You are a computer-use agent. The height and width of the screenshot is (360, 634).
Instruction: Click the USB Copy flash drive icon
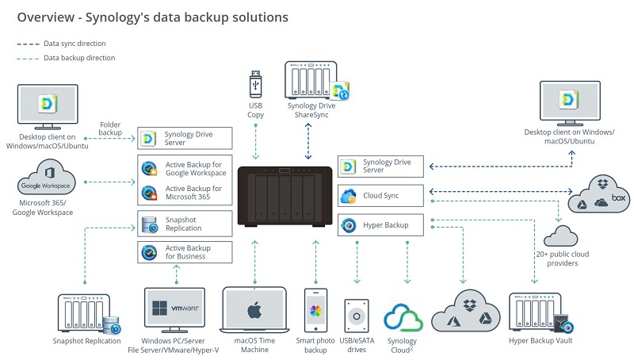pos(255,83)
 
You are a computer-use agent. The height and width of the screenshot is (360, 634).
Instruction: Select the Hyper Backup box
pos(381,225)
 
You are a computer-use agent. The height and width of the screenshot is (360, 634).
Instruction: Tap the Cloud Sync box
pos(381,196)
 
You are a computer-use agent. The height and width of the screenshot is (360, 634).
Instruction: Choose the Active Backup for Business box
pos(185,252)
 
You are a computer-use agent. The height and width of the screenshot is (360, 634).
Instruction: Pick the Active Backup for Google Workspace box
pos(185,168)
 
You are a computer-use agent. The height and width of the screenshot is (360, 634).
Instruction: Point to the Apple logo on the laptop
pos(254,309)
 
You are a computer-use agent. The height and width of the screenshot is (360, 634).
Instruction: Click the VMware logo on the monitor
pos(174,307)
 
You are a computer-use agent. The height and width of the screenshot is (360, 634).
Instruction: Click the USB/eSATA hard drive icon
pos(357,316)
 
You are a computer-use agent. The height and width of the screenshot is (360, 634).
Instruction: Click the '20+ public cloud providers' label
pos(562,259)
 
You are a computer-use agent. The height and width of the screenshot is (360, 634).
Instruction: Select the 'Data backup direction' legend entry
pos(79,58)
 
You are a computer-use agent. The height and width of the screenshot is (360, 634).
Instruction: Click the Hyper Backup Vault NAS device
pos(538,312)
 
